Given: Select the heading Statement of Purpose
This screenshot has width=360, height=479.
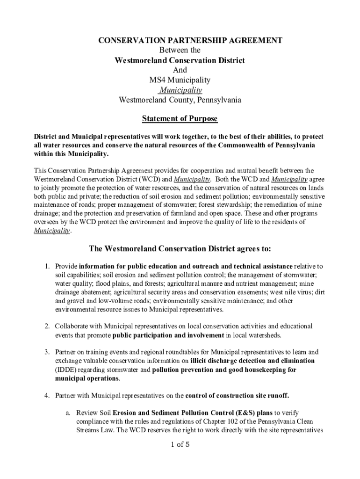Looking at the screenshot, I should pyautogui.click(x=180, y=119).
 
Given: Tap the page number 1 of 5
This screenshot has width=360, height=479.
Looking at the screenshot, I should pyautogui.click(x=180, y=444).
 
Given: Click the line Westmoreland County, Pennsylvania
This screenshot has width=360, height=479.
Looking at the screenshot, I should pyautogui.click(x=180, y=100).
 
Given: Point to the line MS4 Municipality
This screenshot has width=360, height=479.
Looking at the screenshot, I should pyautogui.click(x=180, y=80).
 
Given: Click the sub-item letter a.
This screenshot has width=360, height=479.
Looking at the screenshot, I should pyautogui.click(x=68, y=413).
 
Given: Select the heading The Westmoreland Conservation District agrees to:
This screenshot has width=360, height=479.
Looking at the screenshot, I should pyautogui.click(x=180, y=248).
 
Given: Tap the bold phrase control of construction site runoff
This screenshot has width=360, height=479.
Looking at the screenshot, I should pyautogui.click(x=237, y=396).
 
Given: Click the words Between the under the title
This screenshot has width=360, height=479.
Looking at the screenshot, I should pyautogui.click(x=180, y=51).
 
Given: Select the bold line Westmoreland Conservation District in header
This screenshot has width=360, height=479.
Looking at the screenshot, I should pyautogui.click(x=180, y=60).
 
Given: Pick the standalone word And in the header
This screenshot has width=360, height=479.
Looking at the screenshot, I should pyautogui.click(x=180, y=70).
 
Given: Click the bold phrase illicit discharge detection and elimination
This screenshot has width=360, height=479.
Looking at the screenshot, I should pyautogui.click(x=252, y=361).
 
